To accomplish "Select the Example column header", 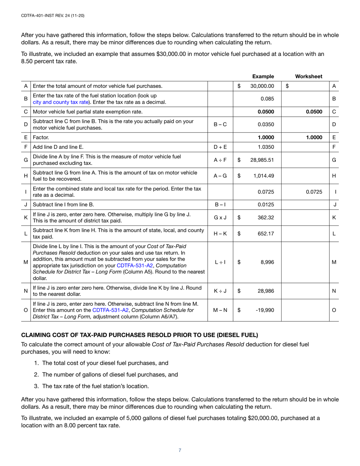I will [263, 76].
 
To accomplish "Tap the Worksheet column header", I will [308, 76].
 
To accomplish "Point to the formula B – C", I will [221, 124].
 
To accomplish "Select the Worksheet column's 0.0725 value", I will [314, 192].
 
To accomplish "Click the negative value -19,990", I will [265, 310].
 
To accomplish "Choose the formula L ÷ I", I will [221, 261].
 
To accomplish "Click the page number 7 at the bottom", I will [180, 450].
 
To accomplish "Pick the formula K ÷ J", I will [221, 291].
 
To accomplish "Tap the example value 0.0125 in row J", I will [266, 205].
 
